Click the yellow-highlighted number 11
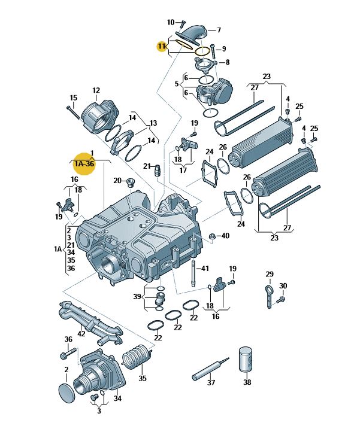click(162, 46)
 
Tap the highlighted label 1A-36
click(84, 163)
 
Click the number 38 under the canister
click(247, 382)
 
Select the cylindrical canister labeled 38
click(245, 360)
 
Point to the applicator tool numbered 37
click(210, 369)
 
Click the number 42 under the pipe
click(81, 333)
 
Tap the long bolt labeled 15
click(73, 112)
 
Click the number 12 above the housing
click(96, 90)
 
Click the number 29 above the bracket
click(270, 274)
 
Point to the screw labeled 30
click(281, 299)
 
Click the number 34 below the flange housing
click(117, 398)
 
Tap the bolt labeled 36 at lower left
click(68, 353)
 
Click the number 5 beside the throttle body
click(177, 83)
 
